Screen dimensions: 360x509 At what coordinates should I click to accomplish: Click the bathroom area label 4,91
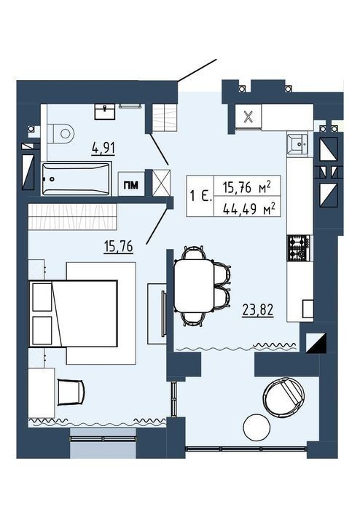click(x=103, y=149)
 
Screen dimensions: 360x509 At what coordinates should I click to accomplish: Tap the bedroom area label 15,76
click(x=118, y=247)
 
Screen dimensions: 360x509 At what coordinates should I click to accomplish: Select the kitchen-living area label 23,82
click(x=258, y=310)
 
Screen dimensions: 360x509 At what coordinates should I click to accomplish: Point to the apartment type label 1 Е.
click(x=201, y=197)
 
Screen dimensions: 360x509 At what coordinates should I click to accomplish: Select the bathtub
click(x=77, y=178)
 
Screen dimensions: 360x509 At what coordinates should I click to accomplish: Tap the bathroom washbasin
click(x=105, y=111)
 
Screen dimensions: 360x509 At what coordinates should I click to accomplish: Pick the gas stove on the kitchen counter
click(x=298, y=248)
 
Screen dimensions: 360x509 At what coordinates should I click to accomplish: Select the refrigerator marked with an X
click(x=249, y=117)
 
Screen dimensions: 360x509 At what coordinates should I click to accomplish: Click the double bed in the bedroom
click(x=73, y=313)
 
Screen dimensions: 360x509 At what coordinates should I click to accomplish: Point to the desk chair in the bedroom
click(x=71, y=392)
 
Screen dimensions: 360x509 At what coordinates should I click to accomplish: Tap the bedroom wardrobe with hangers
click(x=72, y=216)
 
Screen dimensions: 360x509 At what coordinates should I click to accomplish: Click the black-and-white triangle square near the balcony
click(x=316, y=343)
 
